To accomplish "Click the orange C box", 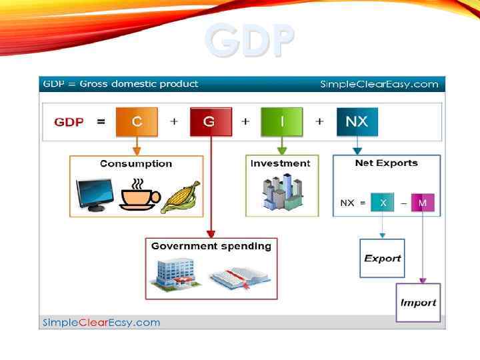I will [x=137, y=122].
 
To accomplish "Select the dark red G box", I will [x=209, y=122].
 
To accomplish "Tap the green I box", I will [x=281, y=122].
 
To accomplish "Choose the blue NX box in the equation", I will [x=357, y=122].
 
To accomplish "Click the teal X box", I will [x=383, y=203].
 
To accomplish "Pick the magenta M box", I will [x=422, y=203].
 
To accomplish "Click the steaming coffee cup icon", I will [x=138, y=195].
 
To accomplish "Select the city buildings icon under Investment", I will [x=279, y=193].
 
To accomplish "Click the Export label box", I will [x=383, y=258].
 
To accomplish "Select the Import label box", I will [x=418, y=303].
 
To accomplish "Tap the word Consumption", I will [x=136, y=164].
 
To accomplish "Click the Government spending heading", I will [x=211, y=246].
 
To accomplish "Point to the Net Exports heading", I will [x=387, y=163].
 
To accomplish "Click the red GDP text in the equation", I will [x=69, y=123].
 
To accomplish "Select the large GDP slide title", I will [x=249, y=40].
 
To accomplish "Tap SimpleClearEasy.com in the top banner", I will [x=379, y=84].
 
